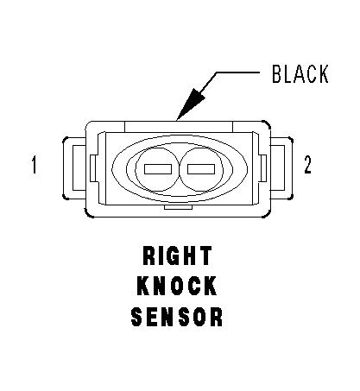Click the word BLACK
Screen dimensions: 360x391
pyautogui.click(x=300, y=74)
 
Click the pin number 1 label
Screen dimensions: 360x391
pyautogui.click(x=35, y=165)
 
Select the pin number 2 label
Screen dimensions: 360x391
pyautogui.click(x=307, y=165)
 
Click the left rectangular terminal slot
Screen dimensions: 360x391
pyautogui.click(x=158, y=169)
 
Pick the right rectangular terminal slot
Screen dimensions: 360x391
pyautogui.click(x=201, y=169)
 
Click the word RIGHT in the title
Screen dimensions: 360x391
pyautogui.click(x=178, y=255)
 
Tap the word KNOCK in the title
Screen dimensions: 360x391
pyautogui.click(x=177, y=286)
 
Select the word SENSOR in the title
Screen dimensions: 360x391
pyautogui.click(x=177, y=317)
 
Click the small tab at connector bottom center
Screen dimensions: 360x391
pyautogui.click(x=178, y=207)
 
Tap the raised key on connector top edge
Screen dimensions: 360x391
pyautogui.click(x=179, y=127)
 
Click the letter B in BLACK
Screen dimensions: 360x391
pyautogui.click(x=277, y=74)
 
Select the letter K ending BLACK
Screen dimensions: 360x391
pyautogui.click(x=323, y=74)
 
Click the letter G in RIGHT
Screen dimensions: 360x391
pyautogui.click(x=174, y=255)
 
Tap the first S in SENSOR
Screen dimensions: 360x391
pyautogui.click(x=137, y=317)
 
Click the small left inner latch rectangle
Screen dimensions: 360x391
pyautogui.click(x=92, y=168)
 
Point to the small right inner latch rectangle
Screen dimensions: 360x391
pyautogui.click(x=263, y=168)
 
